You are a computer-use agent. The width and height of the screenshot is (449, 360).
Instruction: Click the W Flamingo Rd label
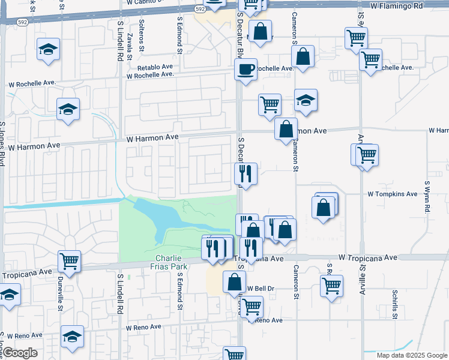pos(397,6)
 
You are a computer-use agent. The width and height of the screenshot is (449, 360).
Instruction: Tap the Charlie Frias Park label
pos(167,262)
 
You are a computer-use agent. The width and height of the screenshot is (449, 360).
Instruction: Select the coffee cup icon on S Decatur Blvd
pos(246,70)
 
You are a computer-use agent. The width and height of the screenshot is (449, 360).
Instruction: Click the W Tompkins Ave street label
pos(393,194)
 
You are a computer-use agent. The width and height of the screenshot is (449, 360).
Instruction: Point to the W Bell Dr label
pos(261,289)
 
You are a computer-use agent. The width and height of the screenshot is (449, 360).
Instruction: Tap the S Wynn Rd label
pos(427,199)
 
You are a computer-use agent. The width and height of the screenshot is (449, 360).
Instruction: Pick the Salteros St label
pos(142,29)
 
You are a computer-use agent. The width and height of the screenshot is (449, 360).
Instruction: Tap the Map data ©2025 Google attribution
pos(412,355)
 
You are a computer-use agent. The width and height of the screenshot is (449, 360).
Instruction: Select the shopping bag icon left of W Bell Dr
pos(234,281)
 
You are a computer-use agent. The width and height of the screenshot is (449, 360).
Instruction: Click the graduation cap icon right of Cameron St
pos(306,100)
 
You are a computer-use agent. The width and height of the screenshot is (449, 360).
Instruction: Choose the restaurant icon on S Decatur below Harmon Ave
pos(246,173)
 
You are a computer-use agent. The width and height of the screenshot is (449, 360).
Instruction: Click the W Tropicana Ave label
pos(368,257)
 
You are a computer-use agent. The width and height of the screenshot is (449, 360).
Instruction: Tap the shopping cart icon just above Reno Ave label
pos(252,306)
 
